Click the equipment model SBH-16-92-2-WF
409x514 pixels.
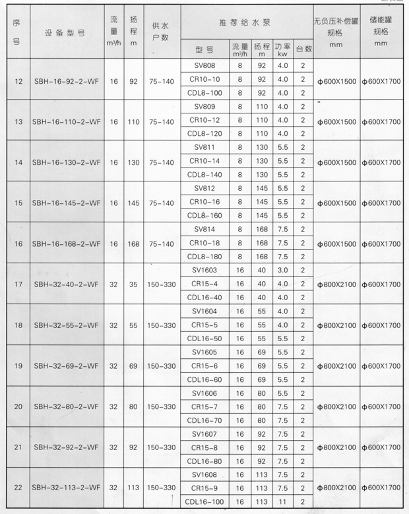coord(65,81)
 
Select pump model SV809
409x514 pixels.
coord(205,106)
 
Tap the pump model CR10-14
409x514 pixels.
coord(205,161)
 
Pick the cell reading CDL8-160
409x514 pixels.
coord(205,215)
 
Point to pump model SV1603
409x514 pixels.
coord(205,270)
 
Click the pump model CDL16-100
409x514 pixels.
coord(205,502)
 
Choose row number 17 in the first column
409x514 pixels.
coord(18,284)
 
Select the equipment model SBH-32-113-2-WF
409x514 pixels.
coord(65,488)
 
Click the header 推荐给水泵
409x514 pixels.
coord(243,24)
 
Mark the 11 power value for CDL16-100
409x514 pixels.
coord(282,502)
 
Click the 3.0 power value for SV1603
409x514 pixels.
coord(282,270)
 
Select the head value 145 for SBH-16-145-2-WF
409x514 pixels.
coord(133,203)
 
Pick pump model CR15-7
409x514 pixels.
coord(205,406)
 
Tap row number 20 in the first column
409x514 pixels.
coord(18,406)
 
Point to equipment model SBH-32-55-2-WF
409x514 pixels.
coord(65,325)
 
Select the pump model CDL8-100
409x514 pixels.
coord(205,93)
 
